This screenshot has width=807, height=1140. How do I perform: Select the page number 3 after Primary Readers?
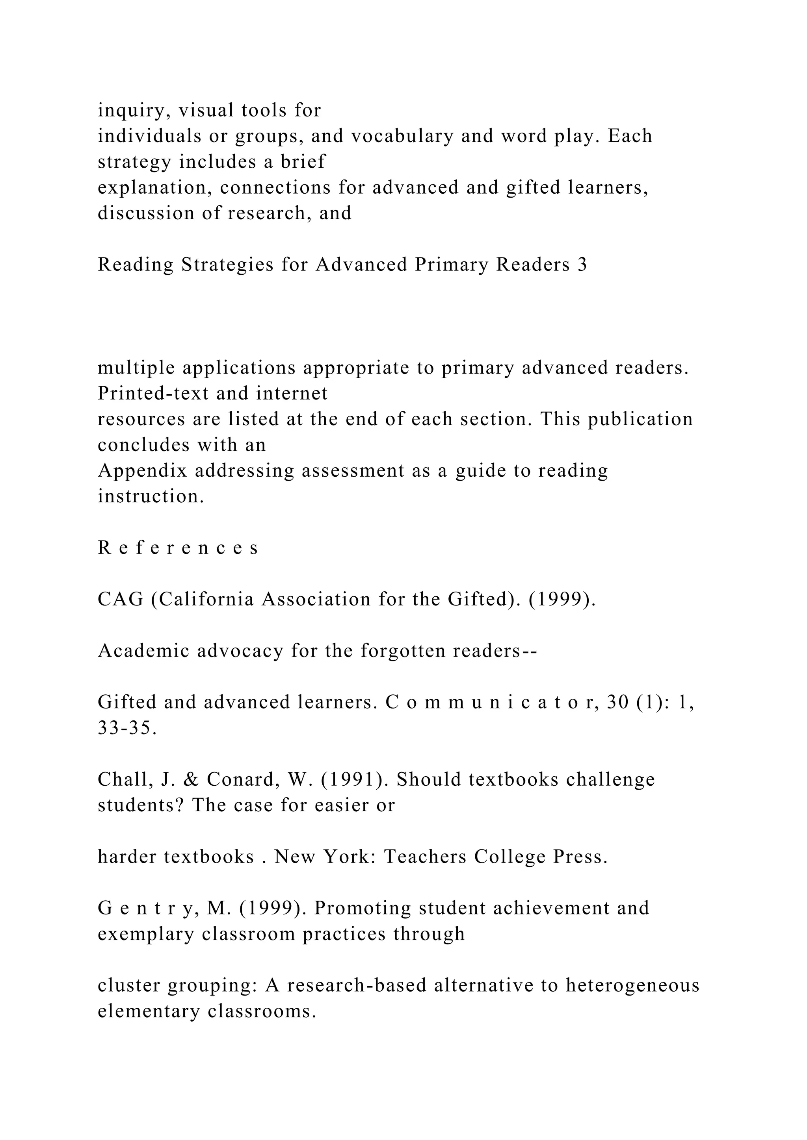pos(582,265)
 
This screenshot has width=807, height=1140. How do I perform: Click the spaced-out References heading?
pos(178,548)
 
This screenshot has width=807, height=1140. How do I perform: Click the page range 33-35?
pos(127,728)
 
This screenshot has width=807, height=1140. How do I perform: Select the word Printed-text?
pos(154,393)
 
